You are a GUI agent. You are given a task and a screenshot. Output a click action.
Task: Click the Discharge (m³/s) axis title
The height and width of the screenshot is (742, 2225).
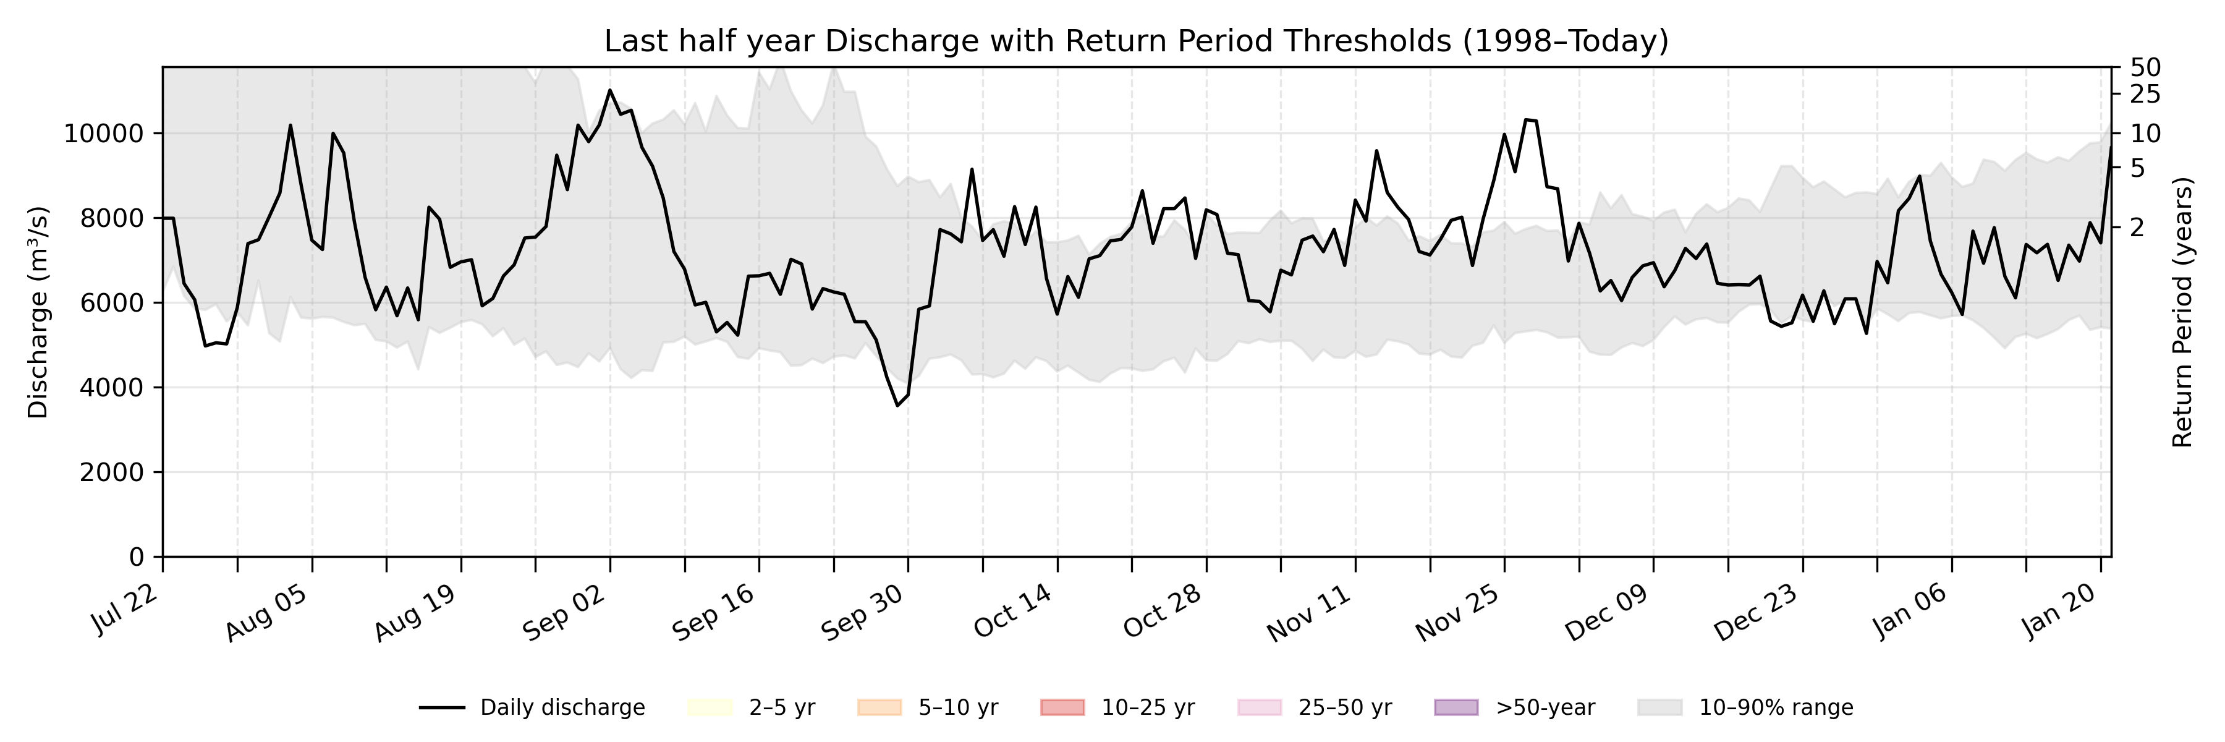click(x=38, y=312)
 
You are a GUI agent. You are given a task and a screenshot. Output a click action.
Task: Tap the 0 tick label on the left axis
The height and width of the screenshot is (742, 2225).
click(x=137, y=557)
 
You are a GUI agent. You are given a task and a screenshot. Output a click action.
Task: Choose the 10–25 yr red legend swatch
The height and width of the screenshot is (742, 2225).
click(x=1062, y=707)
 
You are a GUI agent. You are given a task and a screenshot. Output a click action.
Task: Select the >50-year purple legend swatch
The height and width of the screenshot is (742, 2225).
click(x=1456, y=707)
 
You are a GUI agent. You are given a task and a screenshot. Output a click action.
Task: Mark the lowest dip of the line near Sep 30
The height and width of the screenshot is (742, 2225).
click(x=897, y=405)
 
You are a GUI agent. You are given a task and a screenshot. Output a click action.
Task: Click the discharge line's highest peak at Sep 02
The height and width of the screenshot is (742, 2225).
click(x=610, y=90)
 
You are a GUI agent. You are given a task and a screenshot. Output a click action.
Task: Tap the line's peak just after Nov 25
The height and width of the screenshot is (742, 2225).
click(x=1526, y=119)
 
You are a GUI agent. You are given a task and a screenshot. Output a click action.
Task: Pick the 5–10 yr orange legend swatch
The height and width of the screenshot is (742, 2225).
click(x=879, y=707)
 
